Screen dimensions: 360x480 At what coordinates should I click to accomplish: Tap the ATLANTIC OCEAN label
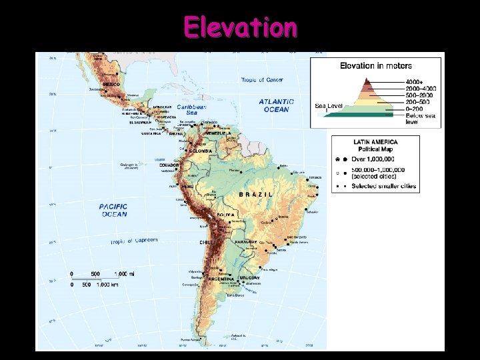pos(273,105)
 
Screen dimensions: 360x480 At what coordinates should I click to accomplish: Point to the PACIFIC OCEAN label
pos(114,211)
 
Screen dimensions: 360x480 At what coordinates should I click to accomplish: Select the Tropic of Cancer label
pos(261,80)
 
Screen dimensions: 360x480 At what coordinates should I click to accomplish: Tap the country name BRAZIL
pos(256,194)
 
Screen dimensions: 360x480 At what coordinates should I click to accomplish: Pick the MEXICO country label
pos(111,85)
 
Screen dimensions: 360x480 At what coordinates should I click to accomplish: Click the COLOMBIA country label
pos(201,151)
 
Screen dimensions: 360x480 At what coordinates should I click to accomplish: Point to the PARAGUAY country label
pos(246,242)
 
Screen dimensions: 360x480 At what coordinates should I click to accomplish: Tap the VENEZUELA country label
pos(218,133)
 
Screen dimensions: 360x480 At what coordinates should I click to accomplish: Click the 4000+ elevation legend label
pos(413,81)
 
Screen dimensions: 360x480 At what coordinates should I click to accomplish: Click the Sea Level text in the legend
pos(329,105)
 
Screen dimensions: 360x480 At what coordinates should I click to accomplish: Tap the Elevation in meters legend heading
pos(376,66)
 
